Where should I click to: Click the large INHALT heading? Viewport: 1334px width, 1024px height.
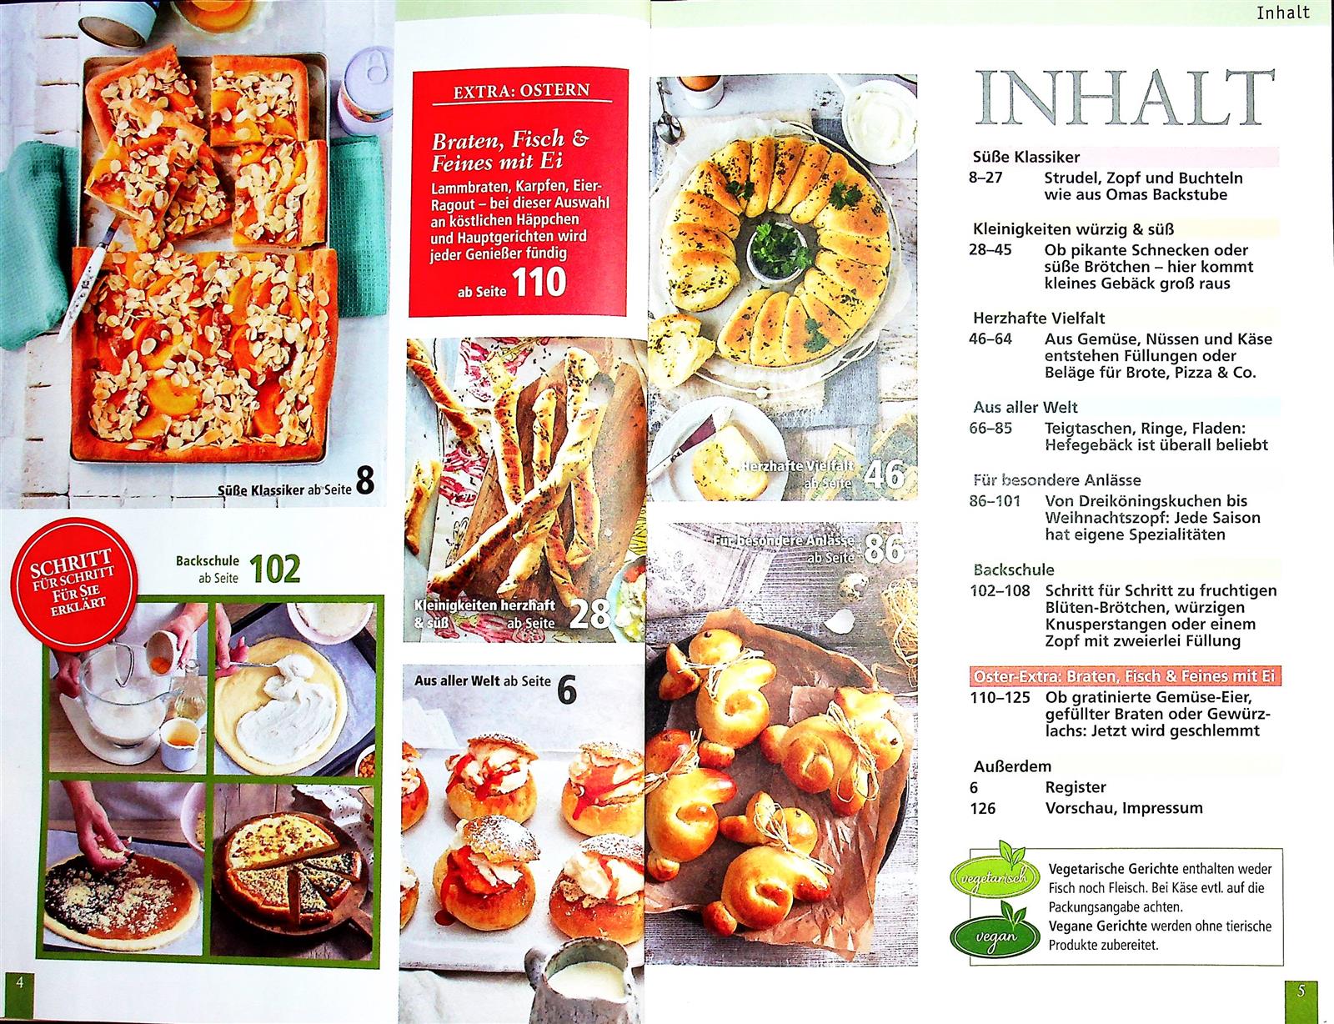click(x=1125, y=99)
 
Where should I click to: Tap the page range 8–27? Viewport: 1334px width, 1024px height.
click(x=985, y=178)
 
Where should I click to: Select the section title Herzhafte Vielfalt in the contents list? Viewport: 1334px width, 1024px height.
click(x=1039, y=318)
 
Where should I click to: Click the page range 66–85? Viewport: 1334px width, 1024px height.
click(x=990, y=428)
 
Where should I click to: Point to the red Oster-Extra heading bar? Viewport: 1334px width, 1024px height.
click(x=1126, y=676)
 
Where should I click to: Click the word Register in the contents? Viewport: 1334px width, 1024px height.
click(x=1076, y=787)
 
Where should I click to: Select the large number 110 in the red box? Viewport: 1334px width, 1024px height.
click(x=539, y=283)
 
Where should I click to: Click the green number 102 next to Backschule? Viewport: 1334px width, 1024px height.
click(x=274, y=569)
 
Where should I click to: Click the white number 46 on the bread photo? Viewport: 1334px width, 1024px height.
click(x=884, y=474)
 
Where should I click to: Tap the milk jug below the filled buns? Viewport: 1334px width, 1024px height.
click(x=580, y=982)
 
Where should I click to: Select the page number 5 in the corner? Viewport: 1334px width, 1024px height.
click(x=1301, y=991)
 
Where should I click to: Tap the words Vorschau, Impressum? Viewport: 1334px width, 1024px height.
click(x=1124, y=809)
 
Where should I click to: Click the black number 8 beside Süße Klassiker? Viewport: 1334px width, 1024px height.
click(x=364, y=480)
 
